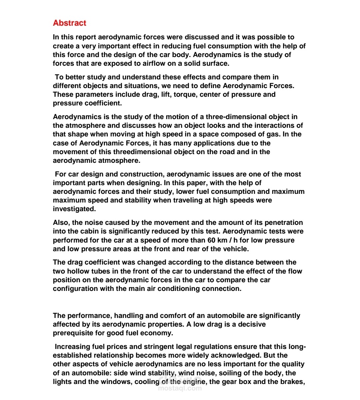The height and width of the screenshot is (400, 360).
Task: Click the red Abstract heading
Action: pyautogui.click(x=69, y=23)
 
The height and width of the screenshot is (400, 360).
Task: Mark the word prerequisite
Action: pyautogui.click(x=74, y=333)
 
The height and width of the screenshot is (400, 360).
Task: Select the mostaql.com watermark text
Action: pyautogui.click(x=180, y=388)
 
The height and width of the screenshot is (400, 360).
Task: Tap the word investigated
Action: pyautogui.click(x=74, y=209)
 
